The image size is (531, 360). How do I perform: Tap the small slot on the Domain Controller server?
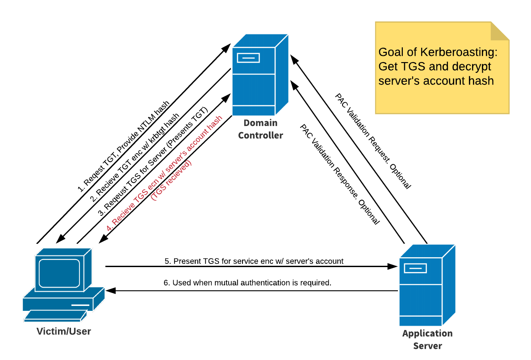pos(248,58)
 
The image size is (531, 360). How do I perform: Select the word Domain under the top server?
pos(260,123)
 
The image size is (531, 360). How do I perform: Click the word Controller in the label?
pos(260,135)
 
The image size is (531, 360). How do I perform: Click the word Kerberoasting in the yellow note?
pos(460,52)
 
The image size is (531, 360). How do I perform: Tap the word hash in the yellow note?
pos(481,81)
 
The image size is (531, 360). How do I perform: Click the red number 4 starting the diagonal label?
pos(109,229)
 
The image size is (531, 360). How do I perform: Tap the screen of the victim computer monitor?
pos(59,273)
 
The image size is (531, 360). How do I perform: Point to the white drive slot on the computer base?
pos(80,305)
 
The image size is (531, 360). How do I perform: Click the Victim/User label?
pos(64,331)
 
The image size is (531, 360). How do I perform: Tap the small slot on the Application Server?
pos(415,268)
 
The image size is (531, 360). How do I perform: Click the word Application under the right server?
pos(427,334)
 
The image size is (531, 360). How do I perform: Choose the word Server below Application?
pos(427,346)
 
